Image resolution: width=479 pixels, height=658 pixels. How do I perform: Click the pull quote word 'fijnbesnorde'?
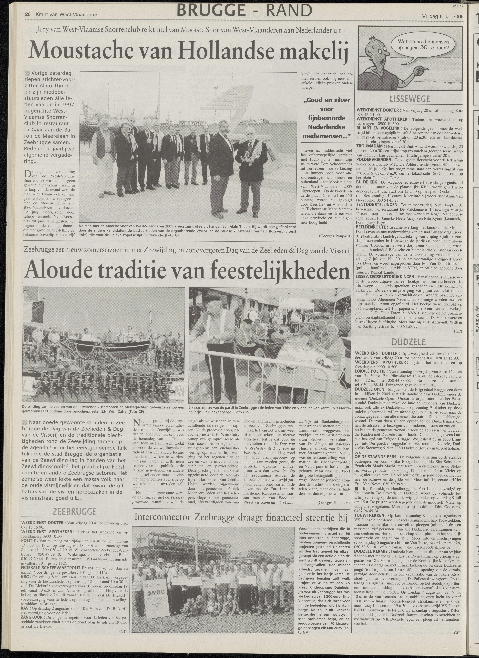327,118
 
